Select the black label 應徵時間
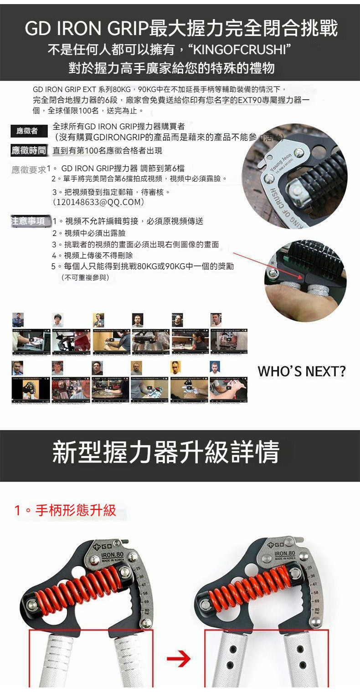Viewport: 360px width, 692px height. (x=29, y=150)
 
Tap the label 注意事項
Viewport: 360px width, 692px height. (x=29, y=221)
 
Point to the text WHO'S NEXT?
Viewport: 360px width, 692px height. (x=301, y=371)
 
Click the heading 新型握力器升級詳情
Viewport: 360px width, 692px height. (x=166, y=452)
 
